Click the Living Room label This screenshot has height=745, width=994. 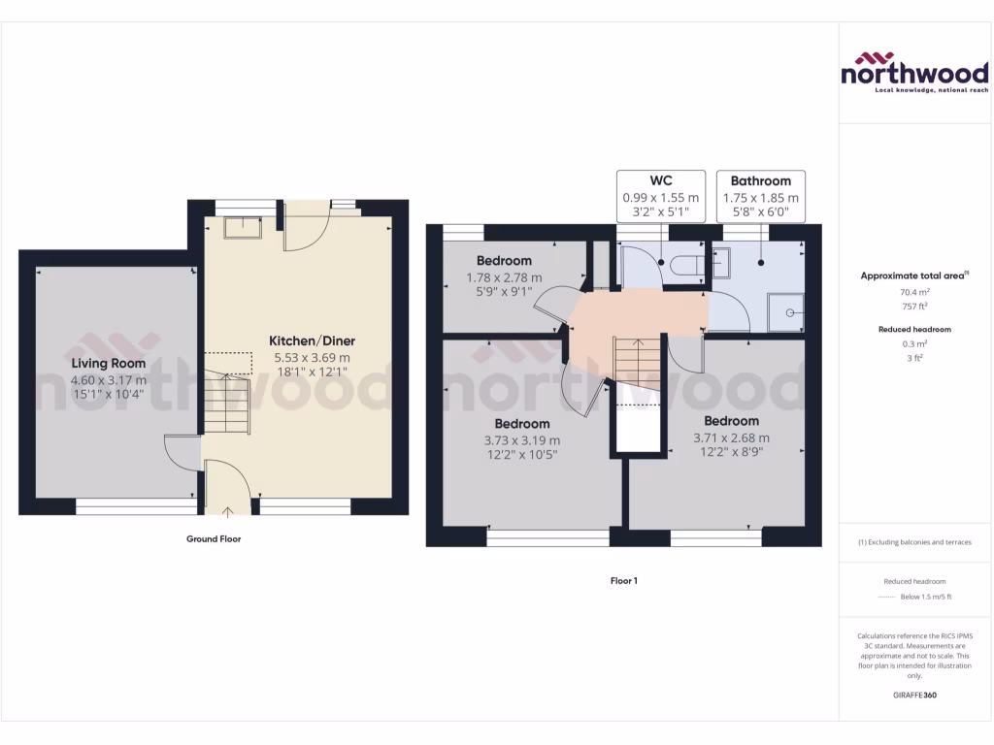click(109, 364)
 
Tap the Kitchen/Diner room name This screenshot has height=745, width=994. click(312, 341)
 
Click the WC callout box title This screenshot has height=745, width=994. click(660, 180)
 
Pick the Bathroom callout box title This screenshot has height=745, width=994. click(760, 180)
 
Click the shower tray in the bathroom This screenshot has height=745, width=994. click(787, 311)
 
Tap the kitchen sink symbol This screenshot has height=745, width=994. click(243, 228)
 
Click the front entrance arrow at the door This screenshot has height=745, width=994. click(229, 510)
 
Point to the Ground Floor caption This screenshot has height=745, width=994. click(214, 538)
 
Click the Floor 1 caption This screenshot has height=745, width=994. click(623, 581)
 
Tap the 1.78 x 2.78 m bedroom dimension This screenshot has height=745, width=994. click(504, 277)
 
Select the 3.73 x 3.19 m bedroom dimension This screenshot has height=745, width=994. click(522, 439)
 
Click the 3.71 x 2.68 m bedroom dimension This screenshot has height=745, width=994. click(731, 437)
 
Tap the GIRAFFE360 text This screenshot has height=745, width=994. click(913, 696)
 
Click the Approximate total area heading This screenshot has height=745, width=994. click(912, 275)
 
